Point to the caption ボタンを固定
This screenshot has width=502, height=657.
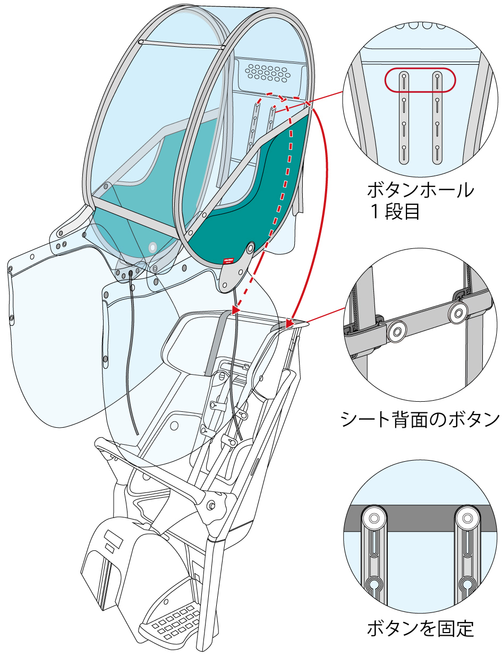click(x=420, y=629)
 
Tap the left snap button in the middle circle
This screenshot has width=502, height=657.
click(x=396, y=332)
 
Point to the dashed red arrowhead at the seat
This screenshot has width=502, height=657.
click(x=235, y=309)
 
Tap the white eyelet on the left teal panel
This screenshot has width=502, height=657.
click(x=153, y=247)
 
